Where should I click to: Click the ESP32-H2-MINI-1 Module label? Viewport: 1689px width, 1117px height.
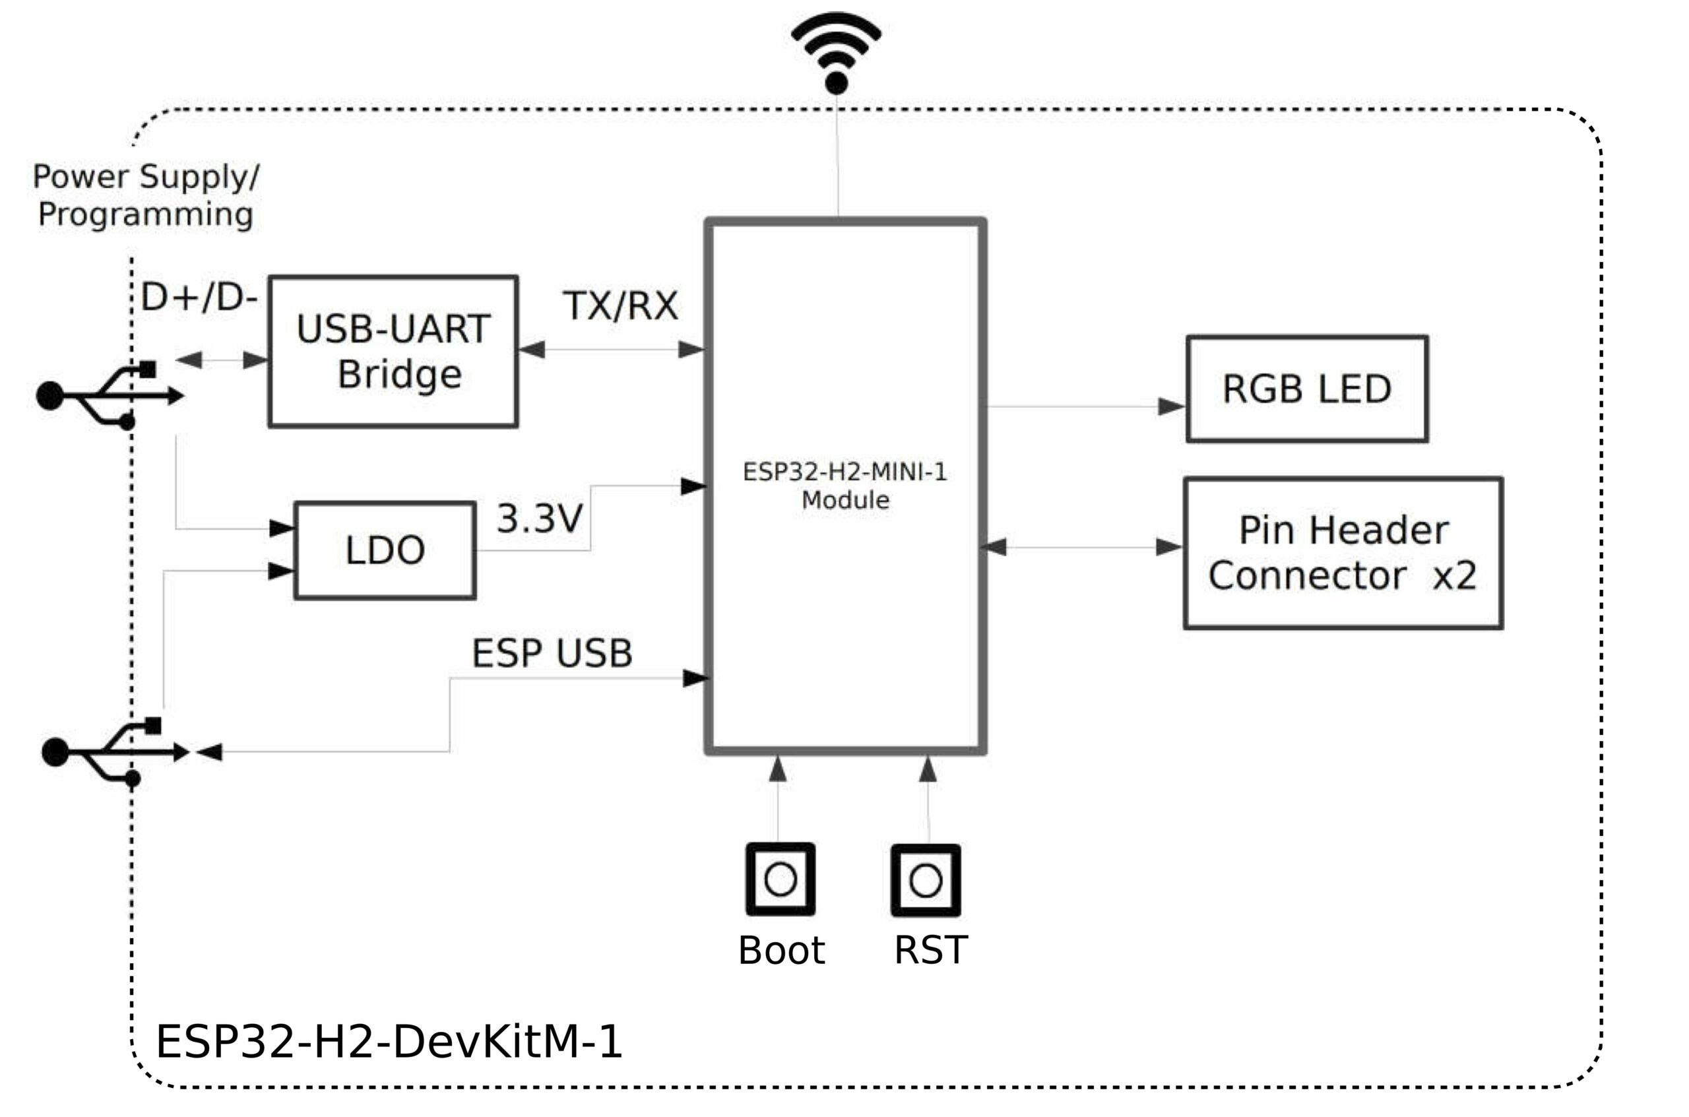tap(845, 486)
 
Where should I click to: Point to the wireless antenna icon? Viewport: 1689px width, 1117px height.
tap(837, 53)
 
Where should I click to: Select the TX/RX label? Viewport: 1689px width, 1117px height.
tap(620, 305)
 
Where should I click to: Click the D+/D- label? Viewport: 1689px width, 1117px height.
tap(199, 297)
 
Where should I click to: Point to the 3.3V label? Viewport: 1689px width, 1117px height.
tap(540, 518)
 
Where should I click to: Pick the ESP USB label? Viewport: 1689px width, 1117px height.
tap(552, 653)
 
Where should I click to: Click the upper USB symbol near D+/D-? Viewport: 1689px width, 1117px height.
tap(110, 395)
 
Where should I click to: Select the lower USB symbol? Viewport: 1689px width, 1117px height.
tap(115, 752)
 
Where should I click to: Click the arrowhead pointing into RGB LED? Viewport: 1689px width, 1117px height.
tap(1172, 407)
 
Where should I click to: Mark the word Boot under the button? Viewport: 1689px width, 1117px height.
tap(781, 950)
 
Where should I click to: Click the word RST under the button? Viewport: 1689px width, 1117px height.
tap(930, 950)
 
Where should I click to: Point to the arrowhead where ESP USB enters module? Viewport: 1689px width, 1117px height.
tap(696, 678)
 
